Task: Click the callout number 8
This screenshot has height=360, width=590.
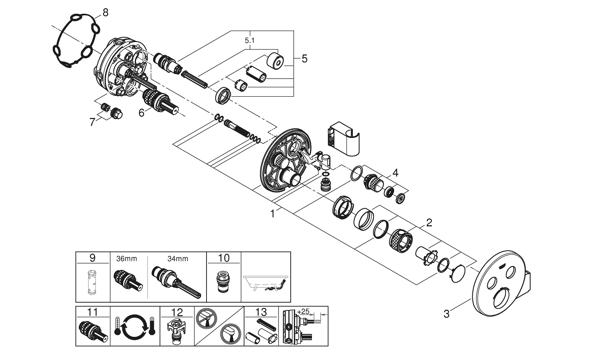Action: (x=105, y=13)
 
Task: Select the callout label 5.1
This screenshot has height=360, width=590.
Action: (x=249, y=40)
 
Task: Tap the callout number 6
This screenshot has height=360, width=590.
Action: (x=142, y=112)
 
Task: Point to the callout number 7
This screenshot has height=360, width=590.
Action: (x=92, y=122)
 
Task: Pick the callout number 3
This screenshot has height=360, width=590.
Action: (x=446, y=314)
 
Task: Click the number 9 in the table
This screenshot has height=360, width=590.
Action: (x=92, y=258)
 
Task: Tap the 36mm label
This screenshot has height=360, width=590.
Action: (x=127, y=259)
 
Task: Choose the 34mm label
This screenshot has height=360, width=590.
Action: (x=178, y=259)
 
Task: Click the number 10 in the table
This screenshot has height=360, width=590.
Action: (x=223, y=258)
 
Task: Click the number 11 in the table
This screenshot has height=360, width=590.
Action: (x=92, y=312)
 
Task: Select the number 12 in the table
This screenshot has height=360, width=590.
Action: (x=177, y=312)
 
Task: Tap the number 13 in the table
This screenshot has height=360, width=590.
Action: (x=261, y=312)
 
